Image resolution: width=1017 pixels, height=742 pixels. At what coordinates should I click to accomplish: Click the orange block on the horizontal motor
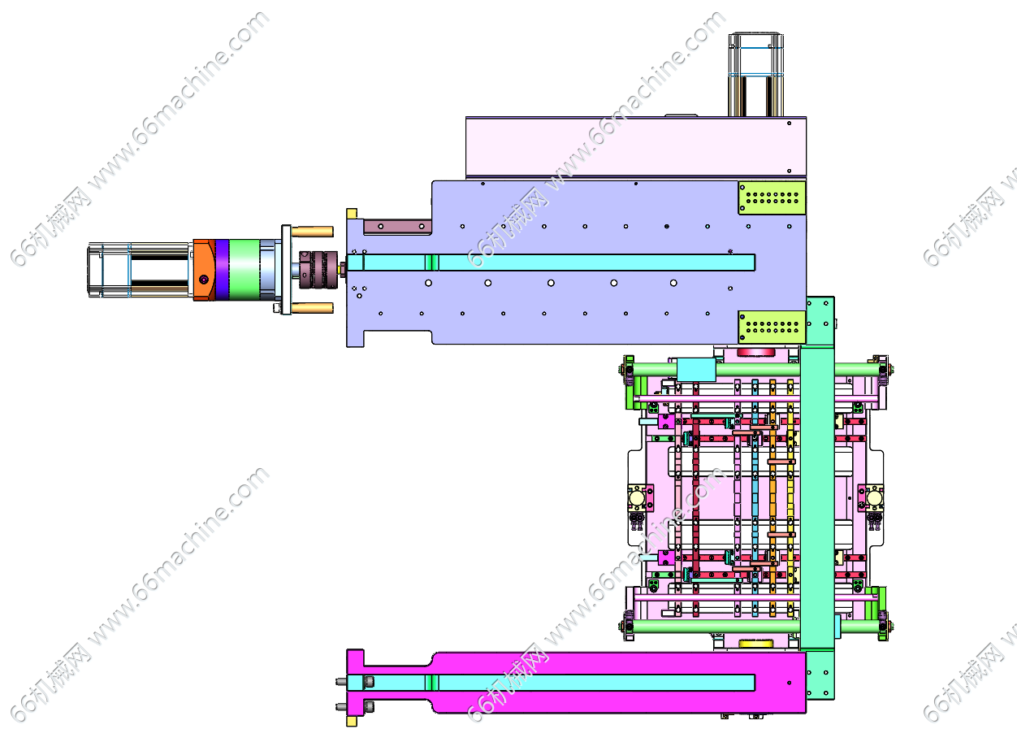tap(205, 270)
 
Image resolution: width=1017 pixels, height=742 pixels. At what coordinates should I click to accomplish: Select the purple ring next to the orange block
tap(222, 270)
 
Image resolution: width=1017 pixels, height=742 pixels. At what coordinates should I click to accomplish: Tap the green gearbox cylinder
tap(245, 270)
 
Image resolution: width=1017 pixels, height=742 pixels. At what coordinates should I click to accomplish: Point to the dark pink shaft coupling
tap(318, 270)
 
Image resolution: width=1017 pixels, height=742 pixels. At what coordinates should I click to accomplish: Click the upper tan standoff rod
tap(313, 232)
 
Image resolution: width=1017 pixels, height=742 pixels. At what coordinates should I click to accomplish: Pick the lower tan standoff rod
tap(313, 308)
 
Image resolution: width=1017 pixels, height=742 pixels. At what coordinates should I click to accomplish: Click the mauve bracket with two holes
tap(397, 227)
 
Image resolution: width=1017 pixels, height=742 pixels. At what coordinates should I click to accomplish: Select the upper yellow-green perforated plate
tap(772, 198)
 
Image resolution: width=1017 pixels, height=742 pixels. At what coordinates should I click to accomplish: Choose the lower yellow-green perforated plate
tap(772, 328)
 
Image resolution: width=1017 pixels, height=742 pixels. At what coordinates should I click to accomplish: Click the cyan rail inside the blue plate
tap(551, 263)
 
